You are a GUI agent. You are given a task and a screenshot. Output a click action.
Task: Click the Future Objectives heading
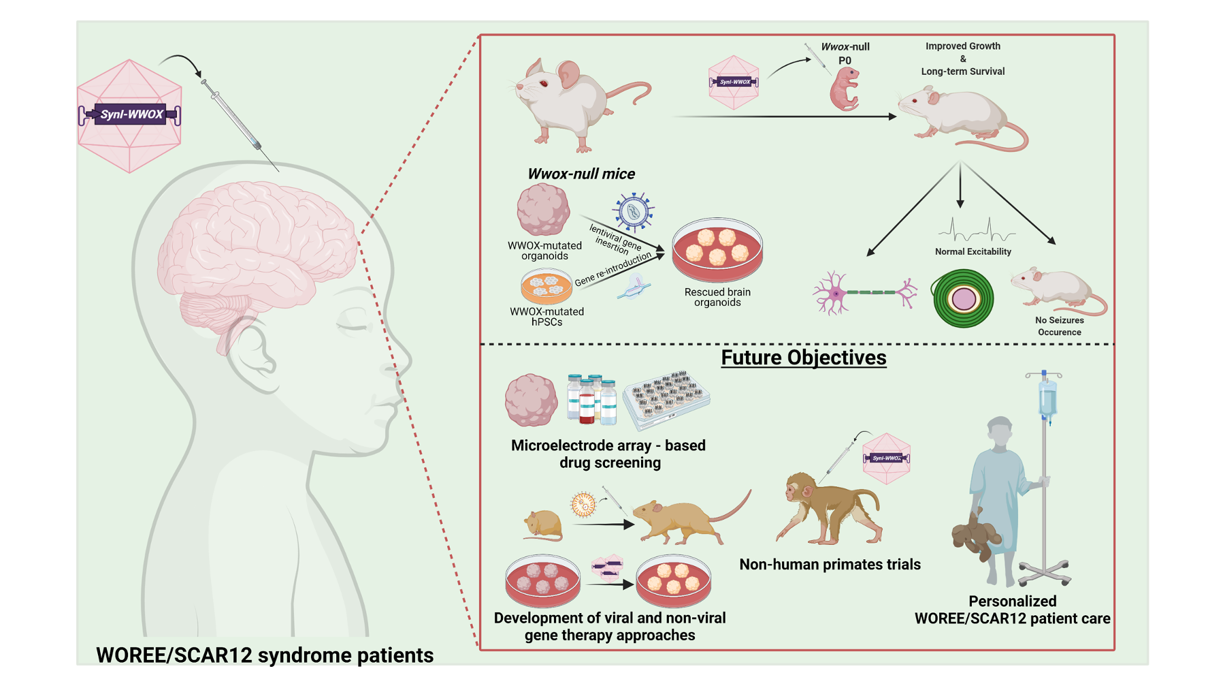(x=804, y=358)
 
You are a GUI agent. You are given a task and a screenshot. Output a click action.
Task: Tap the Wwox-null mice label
(x=581, y=174)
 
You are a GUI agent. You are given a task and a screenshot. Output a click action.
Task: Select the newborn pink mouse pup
(x=845, y=90)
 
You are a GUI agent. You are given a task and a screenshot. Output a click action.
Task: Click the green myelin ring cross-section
(x=963, y=298)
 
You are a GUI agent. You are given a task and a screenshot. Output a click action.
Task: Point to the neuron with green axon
(x=864, y=293)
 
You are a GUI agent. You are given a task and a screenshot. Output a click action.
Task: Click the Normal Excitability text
(x=973, y=252)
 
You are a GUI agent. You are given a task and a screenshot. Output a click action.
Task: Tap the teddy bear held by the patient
(x=976, y=535)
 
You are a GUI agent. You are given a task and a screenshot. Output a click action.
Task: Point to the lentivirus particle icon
(x=634, y=212)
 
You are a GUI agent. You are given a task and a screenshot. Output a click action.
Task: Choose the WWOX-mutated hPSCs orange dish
(x=546, y=286)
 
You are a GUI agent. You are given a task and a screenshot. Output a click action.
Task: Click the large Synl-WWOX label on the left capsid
(x=131, y=114)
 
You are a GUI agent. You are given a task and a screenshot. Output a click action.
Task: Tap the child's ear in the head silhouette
(x=252, y=354)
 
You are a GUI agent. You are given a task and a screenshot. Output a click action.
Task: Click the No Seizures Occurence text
(x=1059, y=326)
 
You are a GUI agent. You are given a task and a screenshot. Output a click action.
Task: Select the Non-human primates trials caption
(x=830, y=565)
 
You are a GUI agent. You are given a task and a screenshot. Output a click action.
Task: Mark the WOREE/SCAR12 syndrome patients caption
(x=265, y=655)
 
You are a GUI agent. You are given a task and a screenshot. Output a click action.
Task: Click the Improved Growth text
(x=962, y=46)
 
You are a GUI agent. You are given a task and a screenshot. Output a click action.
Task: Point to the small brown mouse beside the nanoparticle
(x=543, y=525)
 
